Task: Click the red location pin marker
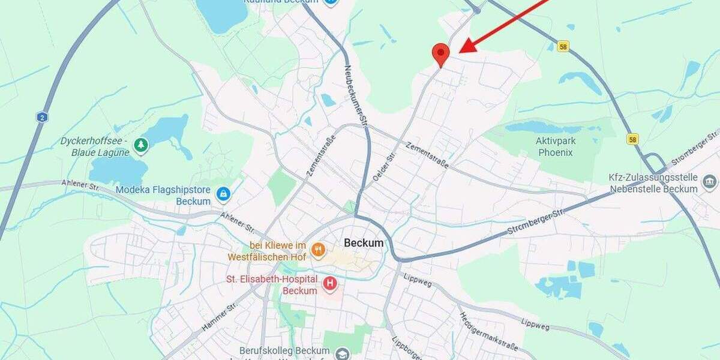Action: click(x=441, y=54)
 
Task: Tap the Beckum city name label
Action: click(x=364, y=243)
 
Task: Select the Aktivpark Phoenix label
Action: click(x=554, y=146)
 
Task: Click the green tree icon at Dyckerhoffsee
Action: click(x=141, y=145)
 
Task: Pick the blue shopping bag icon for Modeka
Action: click(x=224, y=193)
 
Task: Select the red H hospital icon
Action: click(x=330, y=283)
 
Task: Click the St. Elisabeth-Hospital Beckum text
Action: click(x=271, y=285)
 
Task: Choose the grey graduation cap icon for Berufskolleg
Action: click(x=342, y=353)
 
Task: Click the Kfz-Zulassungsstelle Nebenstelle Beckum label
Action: click(x=653, y=183)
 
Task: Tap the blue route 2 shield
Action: click(x=41, y=117)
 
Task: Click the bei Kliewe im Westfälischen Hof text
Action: click(x=267, y=251)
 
